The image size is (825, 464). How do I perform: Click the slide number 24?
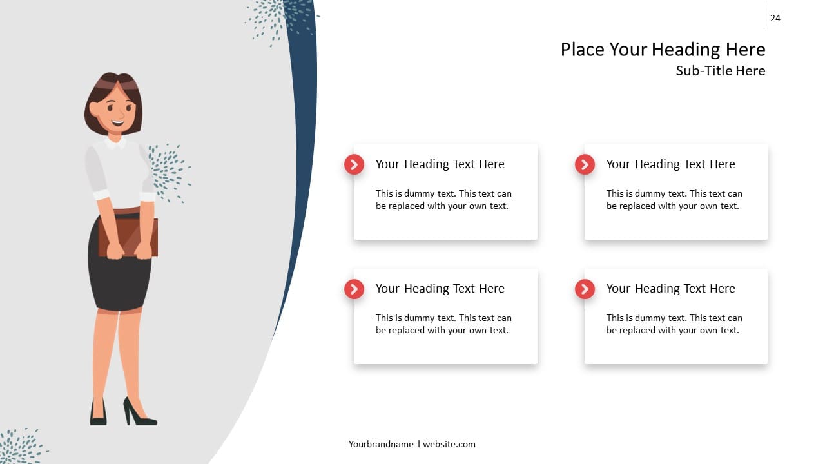click(775, 18)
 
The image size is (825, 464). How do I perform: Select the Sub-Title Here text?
click(721, 71)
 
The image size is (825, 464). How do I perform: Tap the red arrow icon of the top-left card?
click(354, 164)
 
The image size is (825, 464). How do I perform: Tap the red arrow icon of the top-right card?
click(585, 164)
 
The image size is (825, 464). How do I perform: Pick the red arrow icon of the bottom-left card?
click(354, 289)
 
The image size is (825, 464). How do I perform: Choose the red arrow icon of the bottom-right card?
click(585, 289)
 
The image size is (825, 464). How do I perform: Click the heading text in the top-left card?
click(440, 164)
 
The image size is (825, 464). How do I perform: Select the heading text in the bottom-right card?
click(671, 289)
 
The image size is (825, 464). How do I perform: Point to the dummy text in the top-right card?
click(674, 200)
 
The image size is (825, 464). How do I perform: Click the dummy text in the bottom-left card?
click(443, 324)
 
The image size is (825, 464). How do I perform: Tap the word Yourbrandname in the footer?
click(381, 445)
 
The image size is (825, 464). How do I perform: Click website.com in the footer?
click(449, 445)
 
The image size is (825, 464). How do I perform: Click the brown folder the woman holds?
click(129, 237)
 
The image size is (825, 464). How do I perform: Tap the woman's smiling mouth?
click(118, 122)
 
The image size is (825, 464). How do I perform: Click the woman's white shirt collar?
click(115, 143)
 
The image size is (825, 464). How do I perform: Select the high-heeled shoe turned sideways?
click(139, 412)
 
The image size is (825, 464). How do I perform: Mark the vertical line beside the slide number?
click(764, 14)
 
